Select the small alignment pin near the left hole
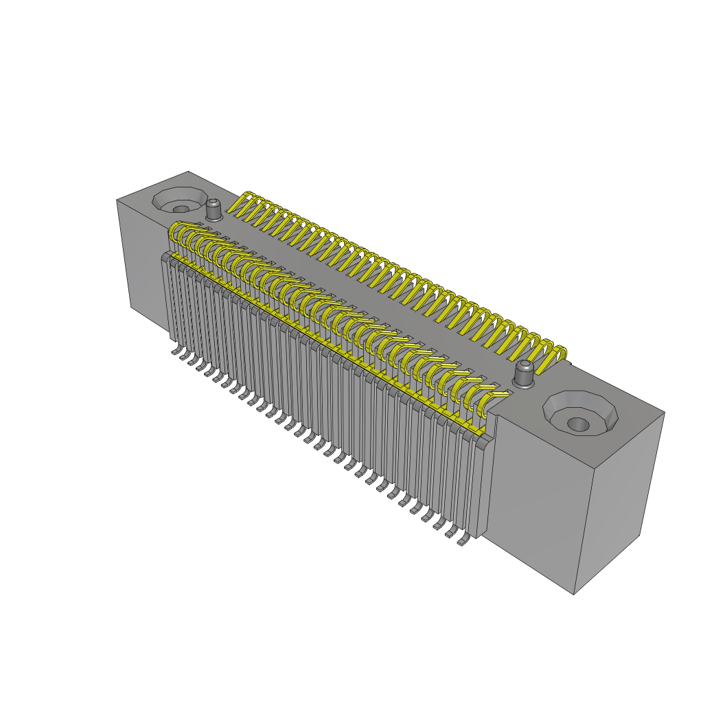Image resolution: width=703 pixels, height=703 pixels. [x=214, y=209]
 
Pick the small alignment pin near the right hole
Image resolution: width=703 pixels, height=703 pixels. [x=524, y=374]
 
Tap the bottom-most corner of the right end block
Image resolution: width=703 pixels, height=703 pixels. [x=574, y=594]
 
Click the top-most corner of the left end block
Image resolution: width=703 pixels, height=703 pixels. [x=188, y=172]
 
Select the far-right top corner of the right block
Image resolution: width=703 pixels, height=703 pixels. [x=664, y=413]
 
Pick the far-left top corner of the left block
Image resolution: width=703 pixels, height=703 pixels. [x=117, y=200]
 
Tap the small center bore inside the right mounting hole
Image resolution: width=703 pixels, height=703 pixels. [x=578, y=424]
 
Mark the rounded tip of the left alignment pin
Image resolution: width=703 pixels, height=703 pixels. [x=214, y=202]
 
